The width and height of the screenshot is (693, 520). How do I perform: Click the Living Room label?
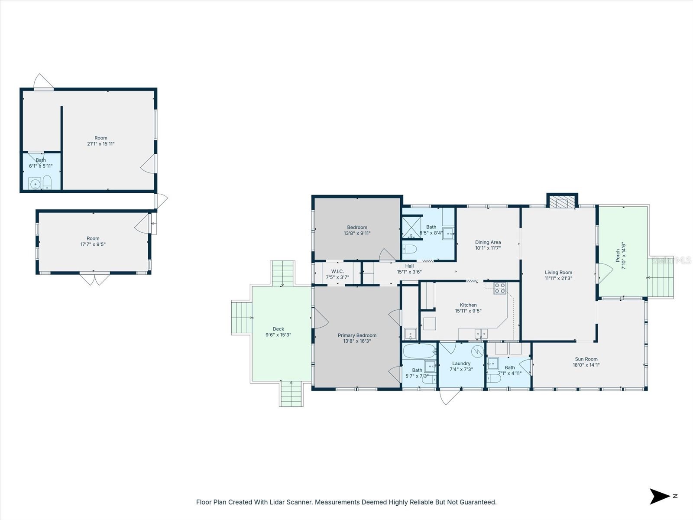(x=558, y=273)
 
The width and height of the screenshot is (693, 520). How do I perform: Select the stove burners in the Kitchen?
(x=499, y=288)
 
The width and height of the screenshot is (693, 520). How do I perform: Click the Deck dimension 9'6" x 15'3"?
(x=278, y=335)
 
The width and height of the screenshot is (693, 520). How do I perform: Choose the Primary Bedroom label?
(x=357, y=335)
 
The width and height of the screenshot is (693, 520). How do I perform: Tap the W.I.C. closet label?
(x=337, y=271)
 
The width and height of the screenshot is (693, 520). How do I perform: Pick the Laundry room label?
(x=461, y=364)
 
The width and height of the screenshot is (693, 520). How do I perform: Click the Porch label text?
(x=618, y=256)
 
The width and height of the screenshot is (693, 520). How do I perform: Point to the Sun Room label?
(x=586, y=359)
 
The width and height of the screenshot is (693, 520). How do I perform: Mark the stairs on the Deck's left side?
(x=242, y=318)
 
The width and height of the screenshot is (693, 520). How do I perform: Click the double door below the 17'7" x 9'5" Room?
(x=94, y=279)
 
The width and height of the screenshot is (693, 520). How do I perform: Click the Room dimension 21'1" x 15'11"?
(x=100, y=144)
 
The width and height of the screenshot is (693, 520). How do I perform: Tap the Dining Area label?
(x=488, y=242)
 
